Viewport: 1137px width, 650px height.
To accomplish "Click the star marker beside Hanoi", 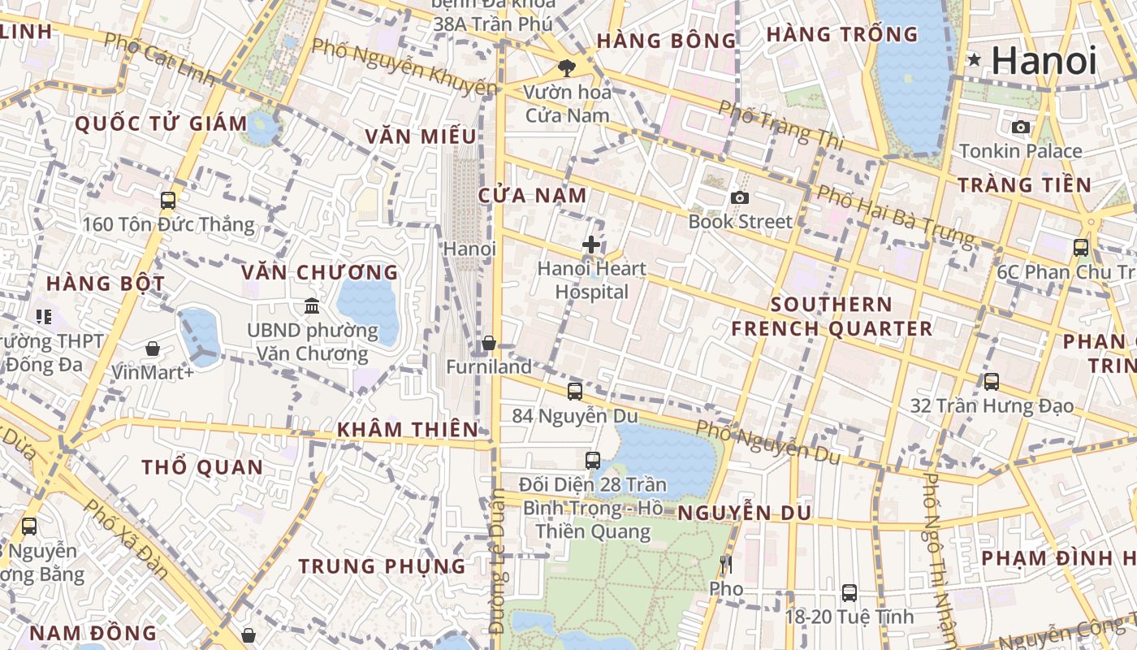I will [x=974, y=59].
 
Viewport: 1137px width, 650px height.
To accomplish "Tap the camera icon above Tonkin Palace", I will [x=1021, y=127].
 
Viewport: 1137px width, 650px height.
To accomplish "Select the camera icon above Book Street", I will [x=739, y=197].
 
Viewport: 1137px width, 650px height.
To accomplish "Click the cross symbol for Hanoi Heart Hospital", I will [x=591, y=244].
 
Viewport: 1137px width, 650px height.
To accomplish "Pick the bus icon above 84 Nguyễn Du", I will [x=575, y=392].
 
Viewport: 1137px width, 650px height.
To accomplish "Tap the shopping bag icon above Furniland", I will [x=489, y=343].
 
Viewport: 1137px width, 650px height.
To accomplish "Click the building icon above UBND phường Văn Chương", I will [x=311, y=306].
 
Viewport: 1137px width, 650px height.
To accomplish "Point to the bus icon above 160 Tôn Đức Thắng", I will [x=168, y=200].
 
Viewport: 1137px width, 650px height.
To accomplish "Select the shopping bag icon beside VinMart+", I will [x=153, y=349].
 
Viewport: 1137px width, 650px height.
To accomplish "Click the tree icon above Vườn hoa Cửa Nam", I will [x=566, y=68].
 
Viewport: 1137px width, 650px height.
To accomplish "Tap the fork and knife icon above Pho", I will [x=726, y=564].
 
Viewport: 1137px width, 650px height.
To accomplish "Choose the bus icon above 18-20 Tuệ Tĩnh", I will [x=849, y=593].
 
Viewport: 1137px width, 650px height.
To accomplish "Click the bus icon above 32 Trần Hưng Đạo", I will [x=991, y=382].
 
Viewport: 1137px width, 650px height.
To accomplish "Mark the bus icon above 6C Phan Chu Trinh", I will [x=1080, y=248].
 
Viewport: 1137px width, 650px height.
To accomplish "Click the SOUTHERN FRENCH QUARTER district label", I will [x=832, y=317].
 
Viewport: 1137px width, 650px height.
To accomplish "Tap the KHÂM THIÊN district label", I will [x=408, y=430].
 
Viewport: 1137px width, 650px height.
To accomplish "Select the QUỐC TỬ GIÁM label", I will [x=161, y=124].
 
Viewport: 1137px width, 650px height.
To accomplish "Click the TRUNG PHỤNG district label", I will [x=382, y=566].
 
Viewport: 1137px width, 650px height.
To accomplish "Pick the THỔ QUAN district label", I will [x=202, y=467].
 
